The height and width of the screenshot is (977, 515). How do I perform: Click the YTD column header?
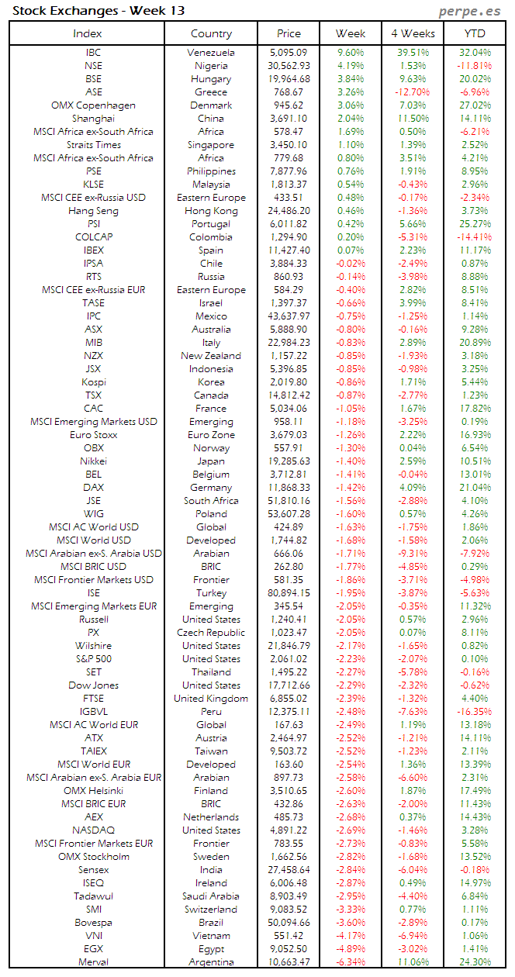coord(475,33)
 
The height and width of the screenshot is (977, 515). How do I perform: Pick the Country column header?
coord(211,33)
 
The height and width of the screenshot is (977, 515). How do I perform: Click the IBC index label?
coord(93,53)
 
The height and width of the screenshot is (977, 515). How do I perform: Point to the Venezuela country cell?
coord(211,53)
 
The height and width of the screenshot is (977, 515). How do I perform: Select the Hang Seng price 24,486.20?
coord(289,211)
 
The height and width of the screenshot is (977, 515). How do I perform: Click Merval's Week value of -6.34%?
coord(351,962)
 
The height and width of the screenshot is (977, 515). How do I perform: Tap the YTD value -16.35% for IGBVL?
coord(475,712)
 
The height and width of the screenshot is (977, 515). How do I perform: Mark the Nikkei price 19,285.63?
coord(289,461)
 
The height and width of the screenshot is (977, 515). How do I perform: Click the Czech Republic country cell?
coord(211,633)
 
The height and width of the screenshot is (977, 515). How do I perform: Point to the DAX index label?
coord(93,488)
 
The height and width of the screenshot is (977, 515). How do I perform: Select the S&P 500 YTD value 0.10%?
coord(475,659)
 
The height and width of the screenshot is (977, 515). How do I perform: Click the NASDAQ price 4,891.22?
coord(289,830)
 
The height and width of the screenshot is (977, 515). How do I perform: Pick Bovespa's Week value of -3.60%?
coord(351,923)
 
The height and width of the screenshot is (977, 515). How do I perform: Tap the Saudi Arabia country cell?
coord(211,896)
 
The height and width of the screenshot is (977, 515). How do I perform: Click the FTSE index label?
coord(93,699)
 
